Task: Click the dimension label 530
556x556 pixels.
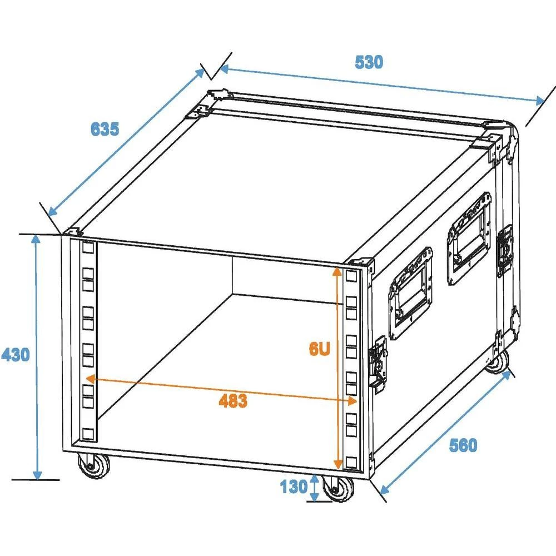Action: coord(369,62)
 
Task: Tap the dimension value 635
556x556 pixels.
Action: coord(105,129)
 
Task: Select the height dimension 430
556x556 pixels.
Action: coord(15,354)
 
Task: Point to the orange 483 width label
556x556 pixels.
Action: coord(233,400)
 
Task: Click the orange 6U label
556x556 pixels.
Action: coord(320,349)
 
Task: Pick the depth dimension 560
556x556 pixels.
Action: coord(463,445)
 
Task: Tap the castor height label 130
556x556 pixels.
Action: coord(293,488)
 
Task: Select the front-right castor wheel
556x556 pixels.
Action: coord(338,489)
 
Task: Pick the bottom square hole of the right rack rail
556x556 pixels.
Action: coord(351,461)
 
